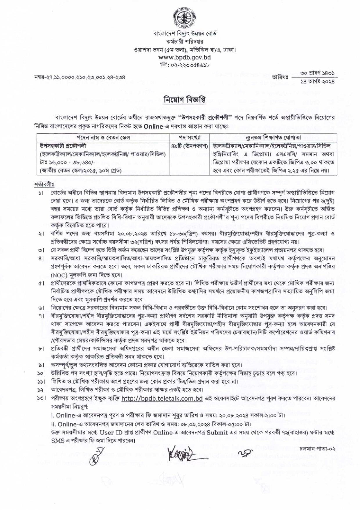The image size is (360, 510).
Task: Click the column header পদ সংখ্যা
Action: coord(189,137)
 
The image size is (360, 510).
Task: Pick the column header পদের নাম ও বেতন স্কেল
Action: coord(103,137)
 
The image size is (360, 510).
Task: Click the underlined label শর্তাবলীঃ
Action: coord(44,184)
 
